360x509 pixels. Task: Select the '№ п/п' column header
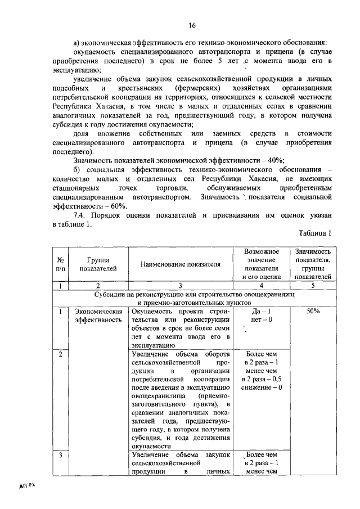click(60, 264)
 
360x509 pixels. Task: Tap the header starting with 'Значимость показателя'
click(313, 264)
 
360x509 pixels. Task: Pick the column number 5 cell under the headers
click(313, 286)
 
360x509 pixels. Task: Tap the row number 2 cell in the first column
click(60, 354)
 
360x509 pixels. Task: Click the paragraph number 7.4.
click(79, 215)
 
